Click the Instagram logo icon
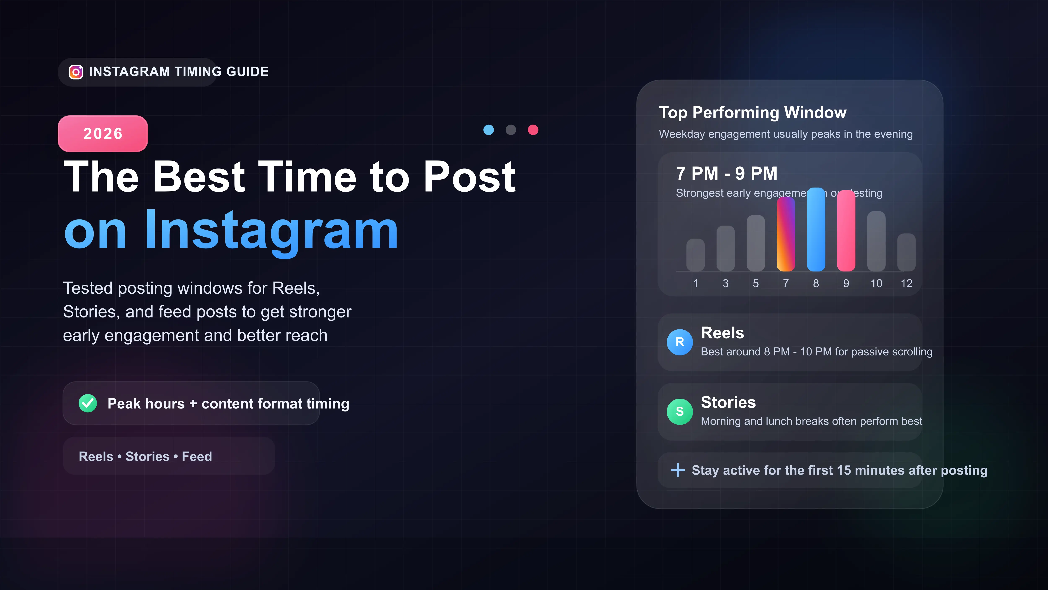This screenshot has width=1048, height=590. (76, 72)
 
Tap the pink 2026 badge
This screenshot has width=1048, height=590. (103, 134)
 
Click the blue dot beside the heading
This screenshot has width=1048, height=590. (489, 130)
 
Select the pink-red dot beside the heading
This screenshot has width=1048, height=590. (533, 130)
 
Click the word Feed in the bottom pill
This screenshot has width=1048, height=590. (197, 456)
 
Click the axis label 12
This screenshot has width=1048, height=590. (907, 283)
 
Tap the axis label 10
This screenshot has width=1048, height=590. (876, 283)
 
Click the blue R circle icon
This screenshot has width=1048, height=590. (679, 342)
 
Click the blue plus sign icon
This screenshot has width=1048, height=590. (678, 470)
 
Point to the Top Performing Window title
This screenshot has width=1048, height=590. (753, 112)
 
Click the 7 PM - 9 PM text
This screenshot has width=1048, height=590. (727, 174)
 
